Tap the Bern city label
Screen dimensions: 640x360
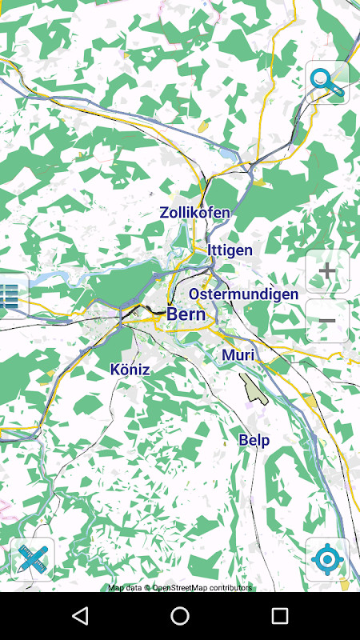click(x=186, y=314)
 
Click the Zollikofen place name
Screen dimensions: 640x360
click(x=194, y=213)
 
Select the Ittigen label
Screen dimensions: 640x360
click(x=230, y=250)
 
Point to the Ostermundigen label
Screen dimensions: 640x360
click(x=243, y=294)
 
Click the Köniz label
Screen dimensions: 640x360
click(x=130, y=369)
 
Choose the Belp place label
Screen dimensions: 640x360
click(x=254, y=440)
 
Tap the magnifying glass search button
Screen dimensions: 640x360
click(x=327, y=82)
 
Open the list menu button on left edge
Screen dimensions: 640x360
click(x=10, y=297)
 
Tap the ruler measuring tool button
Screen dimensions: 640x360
click(x=32, y=559)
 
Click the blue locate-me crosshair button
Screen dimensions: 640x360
click(x=327, y=559)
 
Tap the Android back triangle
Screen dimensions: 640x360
click(x=80, y=616)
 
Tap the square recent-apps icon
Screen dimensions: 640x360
click(x=279, y=616)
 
